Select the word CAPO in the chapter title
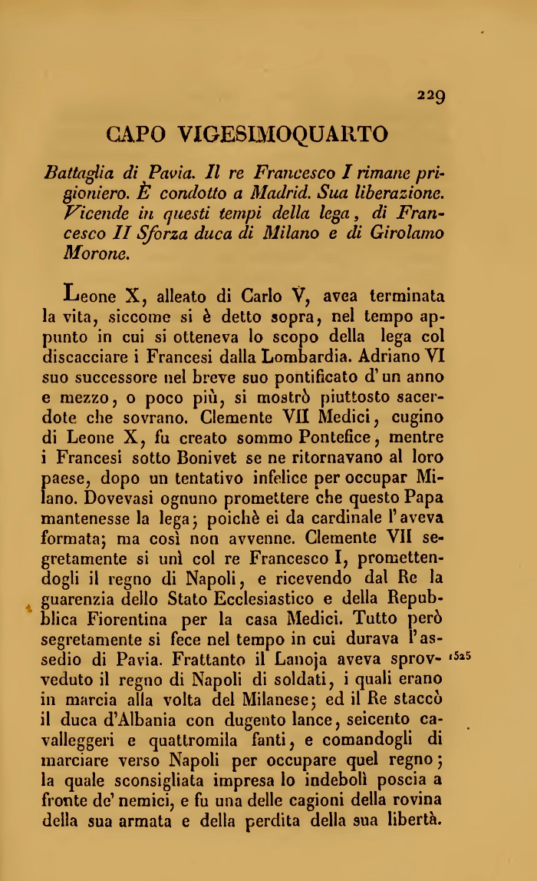click(136, 134)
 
